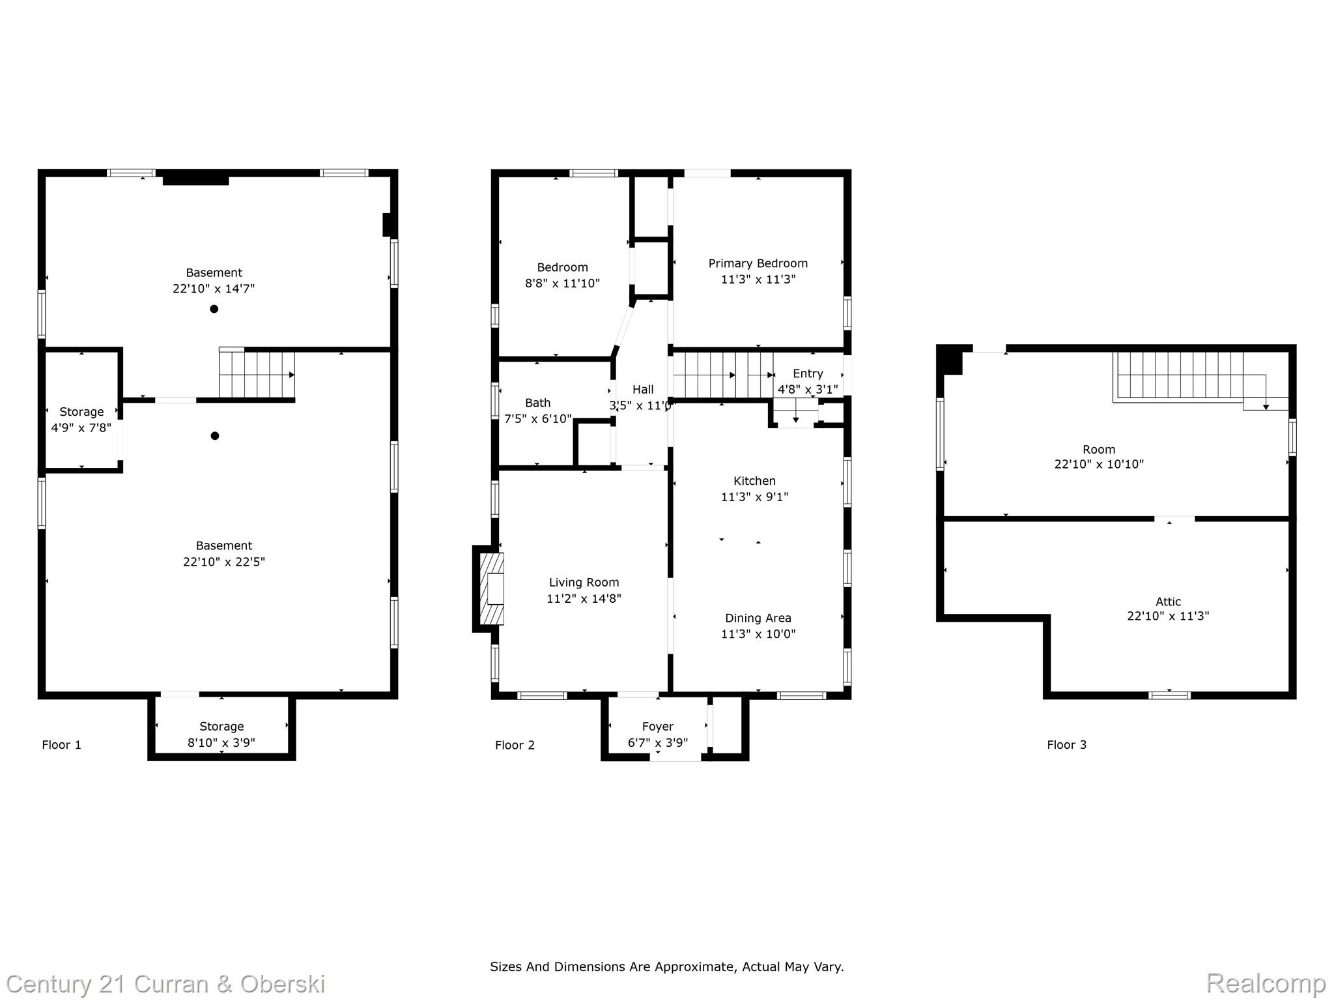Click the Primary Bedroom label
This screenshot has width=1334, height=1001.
758,263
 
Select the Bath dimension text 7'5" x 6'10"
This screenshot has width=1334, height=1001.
538,419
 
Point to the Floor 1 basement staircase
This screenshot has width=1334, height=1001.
257,375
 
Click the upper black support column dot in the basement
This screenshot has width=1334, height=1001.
214,309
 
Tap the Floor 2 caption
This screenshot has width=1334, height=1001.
515,745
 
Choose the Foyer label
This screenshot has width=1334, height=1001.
657,727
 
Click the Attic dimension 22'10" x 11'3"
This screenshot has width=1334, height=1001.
1168,616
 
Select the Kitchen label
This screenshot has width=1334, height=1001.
754,481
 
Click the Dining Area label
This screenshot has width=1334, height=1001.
758,618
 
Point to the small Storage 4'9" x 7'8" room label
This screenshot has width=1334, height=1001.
81,412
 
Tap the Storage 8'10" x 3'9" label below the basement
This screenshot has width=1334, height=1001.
221,727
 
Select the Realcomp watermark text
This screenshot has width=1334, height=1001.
1266,983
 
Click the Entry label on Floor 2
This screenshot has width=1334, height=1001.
808,373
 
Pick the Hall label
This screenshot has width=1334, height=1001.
643,389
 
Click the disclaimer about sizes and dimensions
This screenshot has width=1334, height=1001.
666,966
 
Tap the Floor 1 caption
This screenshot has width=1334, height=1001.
62,745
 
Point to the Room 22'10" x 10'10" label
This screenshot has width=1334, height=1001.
1099,450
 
